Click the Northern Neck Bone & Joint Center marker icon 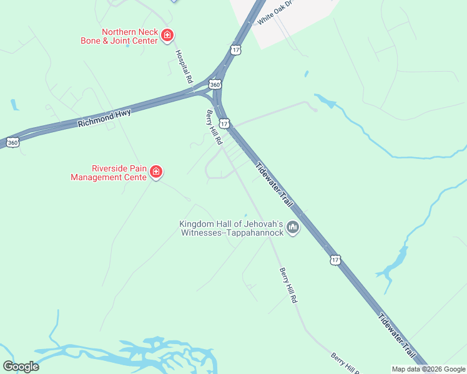point(167,36)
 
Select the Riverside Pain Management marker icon point(156,172)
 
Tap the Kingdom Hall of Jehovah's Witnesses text point(232,228)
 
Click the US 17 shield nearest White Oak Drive point(235,49)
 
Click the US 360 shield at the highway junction point(215,84)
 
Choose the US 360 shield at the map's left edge point(12,143)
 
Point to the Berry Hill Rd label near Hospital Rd point(214,128)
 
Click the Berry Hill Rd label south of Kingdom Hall point(288,285)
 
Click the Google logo point(21,367)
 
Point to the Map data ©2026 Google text point(429,369)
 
